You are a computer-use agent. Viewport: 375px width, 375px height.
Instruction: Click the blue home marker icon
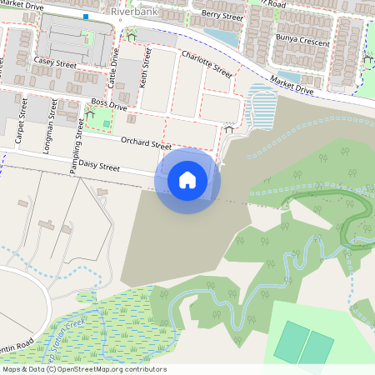[187, 180]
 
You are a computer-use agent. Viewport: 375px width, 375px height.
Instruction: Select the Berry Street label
[222, 15]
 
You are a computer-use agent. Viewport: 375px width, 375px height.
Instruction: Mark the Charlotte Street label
[206, 64]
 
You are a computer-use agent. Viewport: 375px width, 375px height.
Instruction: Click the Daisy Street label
[97, 167]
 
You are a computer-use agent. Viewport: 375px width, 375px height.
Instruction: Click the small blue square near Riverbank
[85, 16]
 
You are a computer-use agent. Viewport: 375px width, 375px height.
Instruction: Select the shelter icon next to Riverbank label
[131, 36]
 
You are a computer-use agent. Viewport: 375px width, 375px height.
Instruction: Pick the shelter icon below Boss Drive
[91, 112]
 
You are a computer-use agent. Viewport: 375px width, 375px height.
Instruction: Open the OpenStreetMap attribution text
[83, 369]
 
